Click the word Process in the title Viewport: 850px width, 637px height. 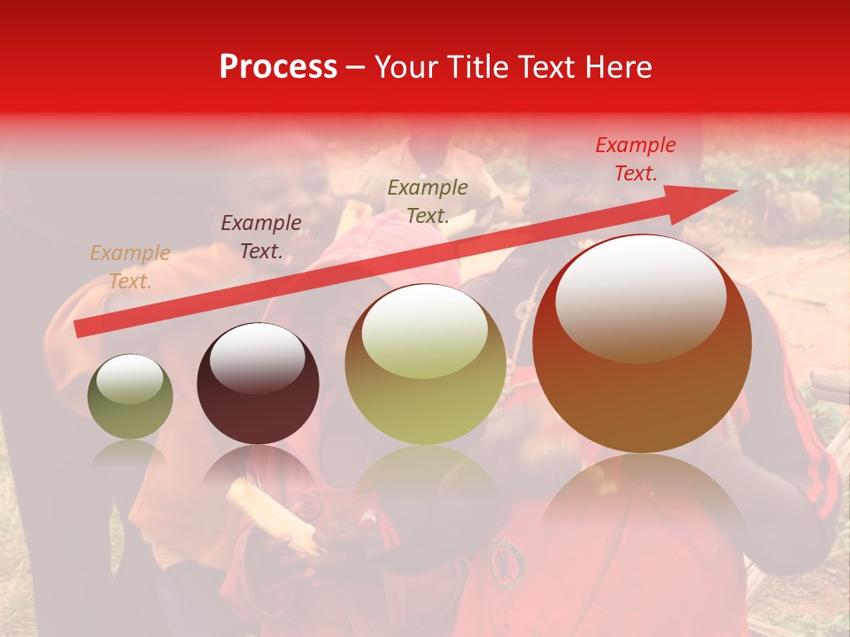[x=278, y=67]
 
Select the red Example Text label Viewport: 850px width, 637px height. [x=635, y=159]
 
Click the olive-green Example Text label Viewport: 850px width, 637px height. [x=428, y=201]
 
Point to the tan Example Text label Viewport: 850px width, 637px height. [x=130, y=267]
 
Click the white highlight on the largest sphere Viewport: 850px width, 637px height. [x=640, y=296]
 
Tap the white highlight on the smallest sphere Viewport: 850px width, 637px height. [x=129, y=380]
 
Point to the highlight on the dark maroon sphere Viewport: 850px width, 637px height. [x=257, y=358]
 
